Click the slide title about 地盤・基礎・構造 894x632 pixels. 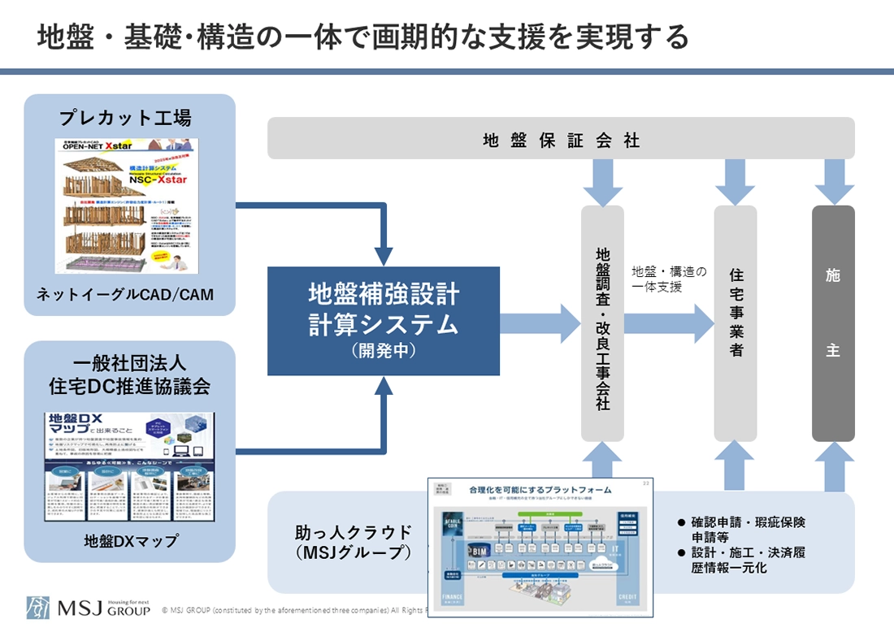click(363, 37)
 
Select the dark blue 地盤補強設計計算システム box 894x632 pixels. click(384, 320)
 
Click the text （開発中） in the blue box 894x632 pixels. click(384, 352)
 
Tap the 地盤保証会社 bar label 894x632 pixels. click(561, 141)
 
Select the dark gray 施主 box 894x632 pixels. click(833, 323)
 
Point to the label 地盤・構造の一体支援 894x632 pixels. click(668, 279)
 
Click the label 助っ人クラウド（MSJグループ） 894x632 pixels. click(353, 543)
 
